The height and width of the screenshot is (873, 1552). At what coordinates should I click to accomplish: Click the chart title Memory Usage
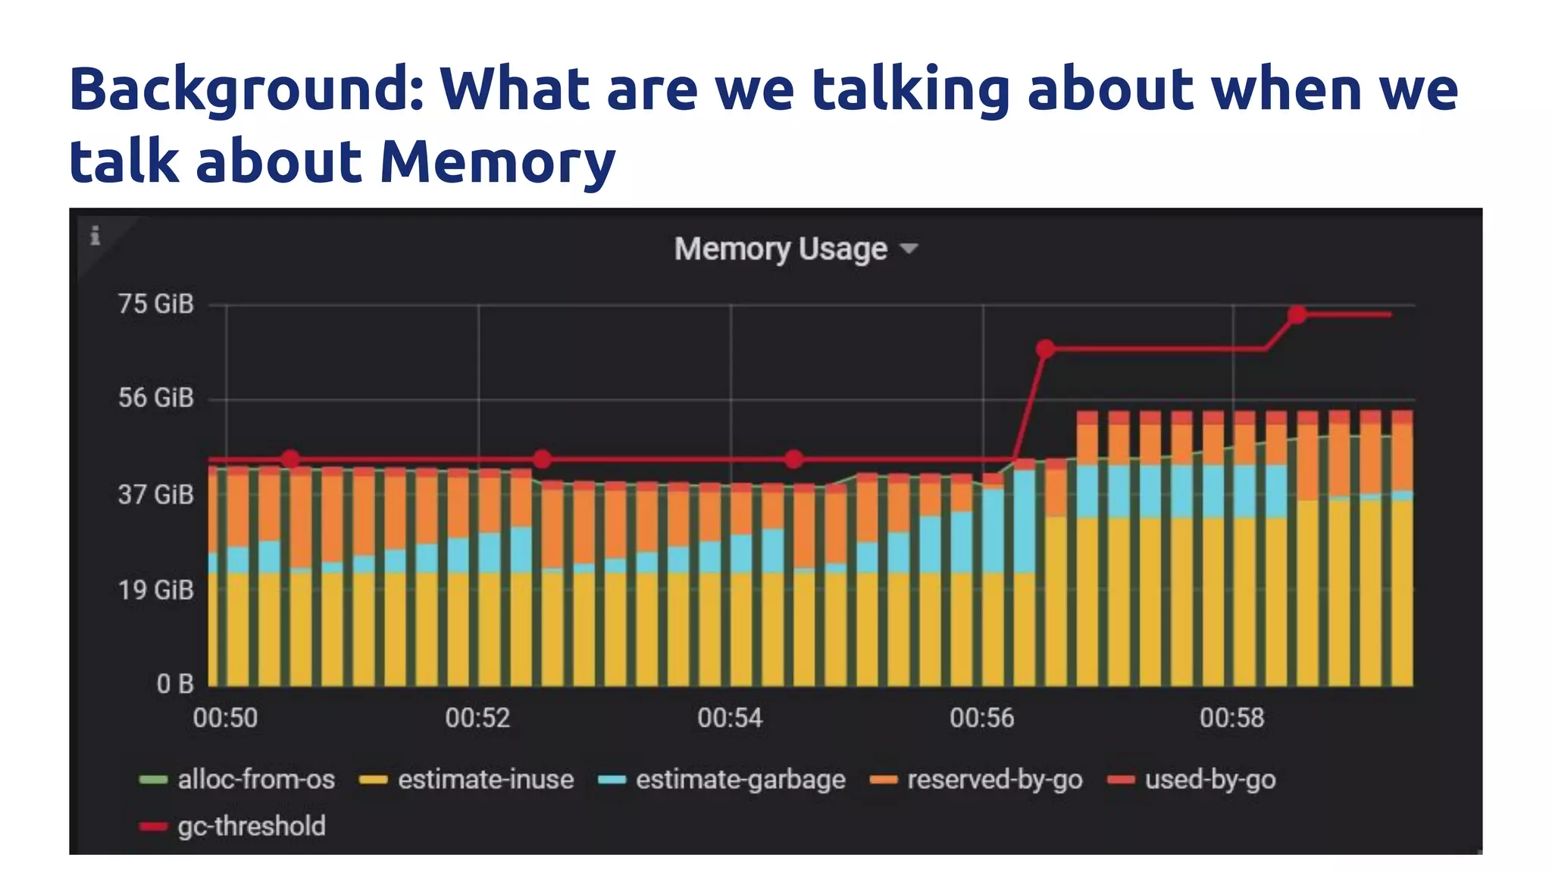[x=781, y=249]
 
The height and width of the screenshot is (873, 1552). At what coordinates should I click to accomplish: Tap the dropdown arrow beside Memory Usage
[x=908, y=249]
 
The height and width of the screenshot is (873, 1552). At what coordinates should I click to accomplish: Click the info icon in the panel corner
[x=95, y=236]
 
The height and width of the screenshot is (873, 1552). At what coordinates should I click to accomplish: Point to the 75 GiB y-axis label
[x=156, y=305]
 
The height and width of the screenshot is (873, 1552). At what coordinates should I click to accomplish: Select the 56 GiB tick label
[x=156, y=398]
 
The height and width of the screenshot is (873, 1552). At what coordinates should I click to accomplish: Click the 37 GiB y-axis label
[x=156, y=496]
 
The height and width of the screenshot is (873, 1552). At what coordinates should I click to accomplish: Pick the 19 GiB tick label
[x=156, y=590]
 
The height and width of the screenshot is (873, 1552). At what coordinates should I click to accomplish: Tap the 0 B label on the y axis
[x=175, y=684]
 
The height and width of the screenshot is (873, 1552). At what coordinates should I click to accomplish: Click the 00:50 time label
[x=225, y=718]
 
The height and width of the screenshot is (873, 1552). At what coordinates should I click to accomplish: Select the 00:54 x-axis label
[x=730, y=718]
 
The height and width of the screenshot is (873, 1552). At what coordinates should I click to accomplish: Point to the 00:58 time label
[x=1231, y=718]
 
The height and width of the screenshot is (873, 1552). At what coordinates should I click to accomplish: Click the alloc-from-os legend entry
[x=255, y=780]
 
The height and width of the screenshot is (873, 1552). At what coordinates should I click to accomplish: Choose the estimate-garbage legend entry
[x=740, y=780]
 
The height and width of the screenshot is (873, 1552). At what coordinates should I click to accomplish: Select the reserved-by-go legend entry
[x=994, y=780]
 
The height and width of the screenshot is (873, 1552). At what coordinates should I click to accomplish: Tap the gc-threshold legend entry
[x=251, y=826]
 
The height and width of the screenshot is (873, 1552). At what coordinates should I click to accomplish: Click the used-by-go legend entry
[x=1209, y=780]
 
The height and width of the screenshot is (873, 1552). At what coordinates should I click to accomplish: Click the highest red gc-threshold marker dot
[x=1297, y=314]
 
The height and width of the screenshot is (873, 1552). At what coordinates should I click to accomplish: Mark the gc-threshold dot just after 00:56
[x=1046, y=349]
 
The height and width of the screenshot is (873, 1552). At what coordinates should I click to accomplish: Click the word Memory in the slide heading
[x=497, y=161]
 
